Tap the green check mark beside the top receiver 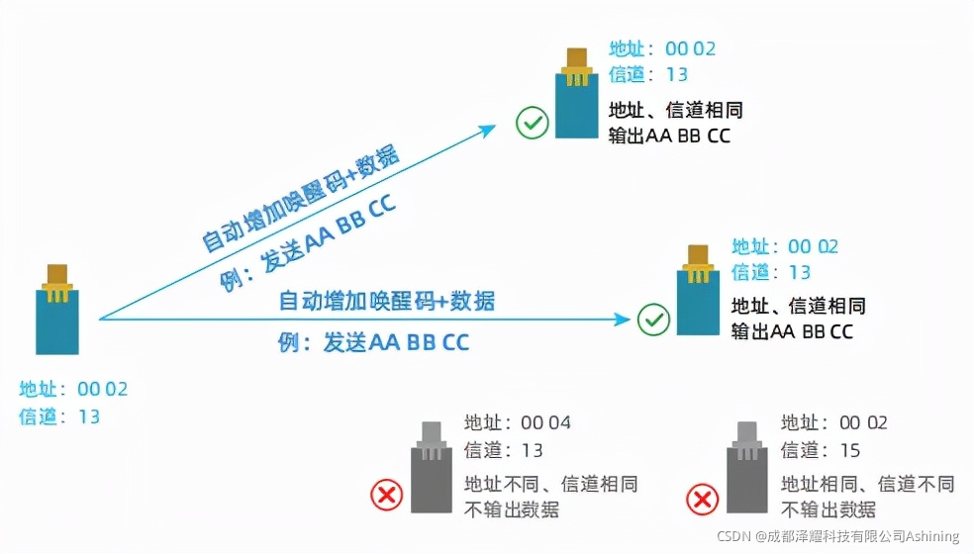point(533,124)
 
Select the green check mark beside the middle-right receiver point(652,320)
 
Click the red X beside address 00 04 point(386,496)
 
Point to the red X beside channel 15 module point(702,498)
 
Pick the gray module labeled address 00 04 point(432,473)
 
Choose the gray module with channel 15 point(747,473)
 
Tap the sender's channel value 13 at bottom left point(89,416)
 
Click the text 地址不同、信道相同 point(551,485)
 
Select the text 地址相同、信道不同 point(868,485)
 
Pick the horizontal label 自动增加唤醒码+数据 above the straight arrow point(387,300)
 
